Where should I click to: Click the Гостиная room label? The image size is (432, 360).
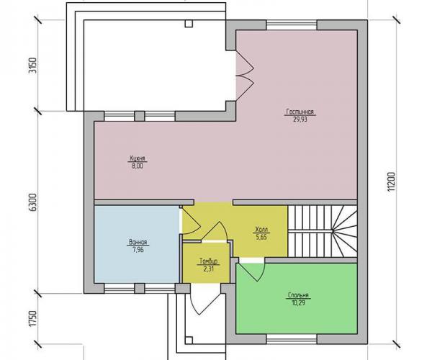pos(300,112)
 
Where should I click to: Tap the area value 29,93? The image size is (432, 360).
pos(300,120)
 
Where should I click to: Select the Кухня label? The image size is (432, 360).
pos(138,158)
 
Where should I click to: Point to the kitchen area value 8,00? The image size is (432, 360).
pos(138,166)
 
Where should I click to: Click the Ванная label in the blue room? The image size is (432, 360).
pos(138,243)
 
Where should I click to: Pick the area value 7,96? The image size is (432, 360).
pos(138,250)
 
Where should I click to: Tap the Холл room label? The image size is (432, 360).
pos(261,230)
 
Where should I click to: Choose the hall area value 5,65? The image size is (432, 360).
pos(261,237)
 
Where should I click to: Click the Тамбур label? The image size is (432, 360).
pos(209,261)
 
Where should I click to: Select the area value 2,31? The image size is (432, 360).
pos(209,269)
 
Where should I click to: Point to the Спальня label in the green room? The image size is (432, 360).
pos(298,295)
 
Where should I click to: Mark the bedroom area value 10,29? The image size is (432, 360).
pos(298,303)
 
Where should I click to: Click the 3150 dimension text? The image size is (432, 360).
pos(32,66)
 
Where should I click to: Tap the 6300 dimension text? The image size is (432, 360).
pos(32,202)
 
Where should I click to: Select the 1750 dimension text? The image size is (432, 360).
pos(32,319)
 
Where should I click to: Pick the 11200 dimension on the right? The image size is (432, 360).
pos(391,182)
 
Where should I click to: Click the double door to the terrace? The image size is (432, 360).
pos(245,75)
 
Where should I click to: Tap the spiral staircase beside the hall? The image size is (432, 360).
pos(323,231)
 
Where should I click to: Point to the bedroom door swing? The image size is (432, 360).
pos(251,272)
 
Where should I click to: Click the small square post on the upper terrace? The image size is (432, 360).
pos(189,24)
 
